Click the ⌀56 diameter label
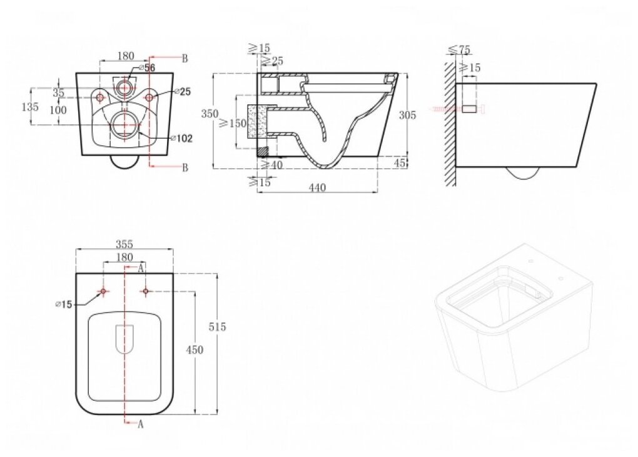click(x=148, y=68)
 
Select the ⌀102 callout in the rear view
click(x=182, y=138)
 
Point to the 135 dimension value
click(x=29, y=107)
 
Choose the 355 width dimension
click(x=124, y=244)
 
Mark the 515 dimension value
click(x=218, y=327)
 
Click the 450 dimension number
click(x=195, y=351)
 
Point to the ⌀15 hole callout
click(x=64, y=304)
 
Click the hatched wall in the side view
click(x=449, y=122)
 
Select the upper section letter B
click(x=185, y=59)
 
